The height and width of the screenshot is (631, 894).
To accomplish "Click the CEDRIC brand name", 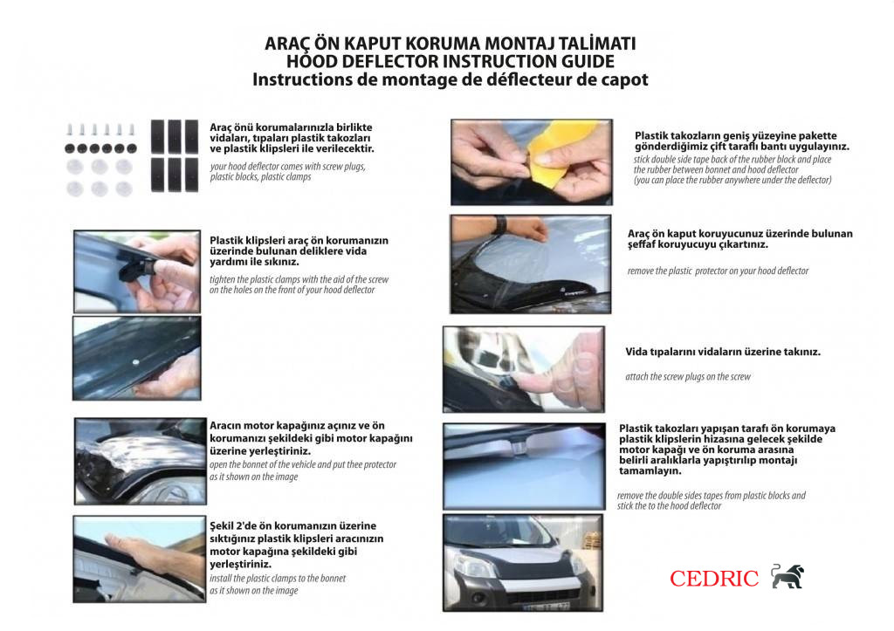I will tap(713, 578).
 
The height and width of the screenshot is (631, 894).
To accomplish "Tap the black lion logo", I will tap(787, 576).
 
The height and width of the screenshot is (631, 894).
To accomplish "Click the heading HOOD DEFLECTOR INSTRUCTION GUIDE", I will tap(450, 61).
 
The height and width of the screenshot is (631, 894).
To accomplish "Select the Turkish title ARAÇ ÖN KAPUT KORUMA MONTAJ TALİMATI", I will tap(450, 44).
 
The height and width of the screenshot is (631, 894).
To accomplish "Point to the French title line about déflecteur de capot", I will tap(450, 79).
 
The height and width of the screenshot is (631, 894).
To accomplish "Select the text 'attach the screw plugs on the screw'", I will tap(687, 377).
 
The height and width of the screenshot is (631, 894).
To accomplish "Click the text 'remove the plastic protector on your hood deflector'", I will tap(718, 271).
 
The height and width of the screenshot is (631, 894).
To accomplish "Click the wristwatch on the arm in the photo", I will tap(499, 225).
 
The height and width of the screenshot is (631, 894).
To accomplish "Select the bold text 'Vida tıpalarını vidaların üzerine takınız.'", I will tap(722, 353).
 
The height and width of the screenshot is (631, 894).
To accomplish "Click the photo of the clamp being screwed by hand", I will tap(136, 271).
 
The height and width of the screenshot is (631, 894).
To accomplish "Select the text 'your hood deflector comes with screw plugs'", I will tap(287, 166).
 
